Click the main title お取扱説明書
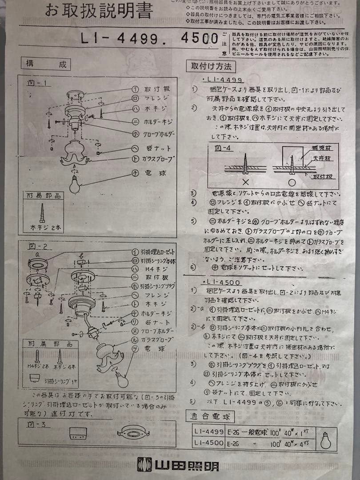99,11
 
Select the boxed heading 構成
46,64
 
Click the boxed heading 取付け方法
211,67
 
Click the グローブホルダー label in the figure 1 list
159,134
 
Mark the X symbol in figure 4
245,182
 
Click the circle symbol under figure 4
291,182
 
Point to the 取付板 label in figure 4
323,176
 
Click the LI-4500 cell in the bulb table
209,443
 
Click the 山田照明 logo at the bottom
178,464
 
